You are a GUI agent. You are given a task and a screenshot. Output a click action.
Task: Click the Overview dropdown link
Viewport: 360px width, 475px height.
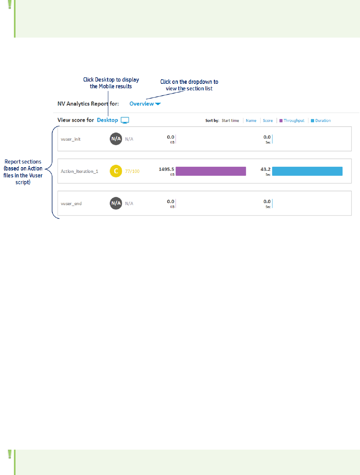click(x=145, y=104)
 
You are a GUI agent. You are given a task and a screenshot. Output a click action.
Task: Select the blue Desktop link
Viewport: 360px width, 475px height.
click(x=107, y=120)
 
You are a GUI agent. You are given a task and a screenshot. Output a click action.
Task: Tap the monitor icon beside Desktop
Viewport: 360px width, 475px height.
click(x=125, y=120)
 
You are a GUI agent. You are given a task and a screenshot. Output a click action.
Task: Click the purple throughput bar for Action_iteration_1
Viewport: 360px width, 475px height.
click(x=211, y=171)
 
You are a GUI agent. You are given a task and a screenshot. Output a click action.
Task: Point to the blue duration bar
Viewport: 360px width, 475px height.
click(x=307, y=171)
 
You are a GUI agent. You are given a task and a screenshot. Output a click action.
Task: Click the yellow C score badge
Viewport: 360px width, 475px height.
click(x=116, y=171)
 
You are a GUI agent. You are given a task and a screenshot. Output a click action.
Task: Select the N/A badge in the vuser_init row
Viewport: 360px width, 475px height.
click(x=116, y=139)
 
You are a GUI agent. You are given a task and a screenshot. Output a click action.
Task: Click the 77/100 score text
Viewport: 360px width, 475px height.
click(x=132, y=171)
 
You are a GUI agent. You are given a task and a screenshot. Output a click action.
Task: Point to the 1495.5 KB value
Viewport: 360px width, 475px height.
click(x=166, y=169)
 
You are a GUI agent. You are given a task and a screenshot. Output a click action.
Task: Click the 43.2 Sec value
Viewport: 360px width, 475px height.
click(x=265, y=169)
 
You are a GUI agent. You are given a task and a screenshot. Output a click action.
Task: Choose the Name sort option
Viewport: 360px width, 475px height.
click(x=251, y=121)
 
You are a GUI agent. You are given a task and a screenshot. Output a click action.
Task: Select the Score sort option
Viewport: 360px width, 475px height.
click(x=268, y=121)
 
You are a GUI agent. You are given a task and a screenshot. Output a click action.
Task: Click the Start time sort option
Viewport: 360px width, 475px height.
click(x=230, y=121)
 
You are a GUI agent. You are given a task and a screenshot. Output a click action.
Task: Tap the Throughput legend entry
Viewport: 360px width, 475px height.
click(x=292, y=121)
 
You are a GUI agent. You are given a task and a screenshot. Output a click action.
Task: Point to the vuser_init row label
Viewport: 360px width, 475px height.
click(x=71, y=139)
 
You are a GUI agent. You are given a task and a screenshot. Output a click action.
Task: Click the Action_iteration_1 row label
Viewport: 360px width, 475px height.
click(x=79, y=171)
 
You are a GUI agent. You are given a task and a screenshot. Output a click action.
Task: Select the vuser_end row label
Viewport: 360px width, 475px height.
click(x=71, y=203)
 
